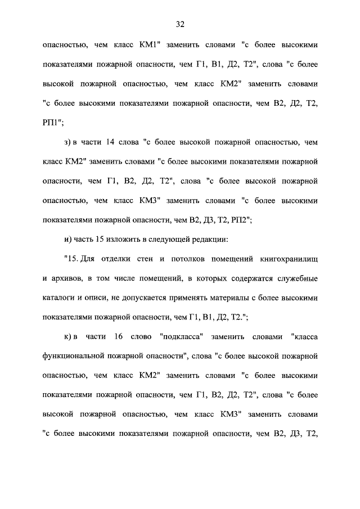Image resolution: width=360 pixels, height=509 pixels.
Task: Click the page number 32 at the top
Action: [180, 24]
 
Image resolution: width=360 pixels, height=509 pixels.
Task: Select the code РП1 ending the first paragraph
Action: [52, 122]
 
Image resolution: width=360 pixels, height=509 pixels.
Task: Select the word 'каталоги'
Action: [60, 298]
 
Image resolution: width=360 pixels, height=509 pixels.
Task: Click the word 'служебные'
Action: [296, 279]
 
